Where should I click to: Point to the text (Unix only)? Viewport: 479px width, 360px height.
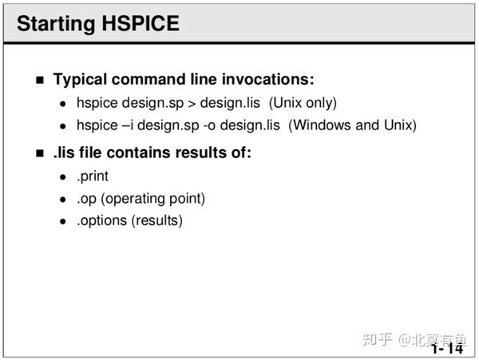pyautogui.click(x=303, y=103)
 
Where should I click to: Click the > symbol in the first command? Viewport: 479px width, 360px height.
pyautogui.click(x=192, y=103)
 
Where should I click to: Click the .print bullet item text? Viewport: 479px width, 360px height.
pyautogui.click(x=93, y=176)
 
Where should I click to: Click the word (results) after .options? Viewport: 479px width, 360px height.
pyautogui.click(x=160, y=220)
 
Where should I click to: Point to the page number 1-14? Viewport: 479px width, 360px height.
pyautogui.click(x=446, y=349)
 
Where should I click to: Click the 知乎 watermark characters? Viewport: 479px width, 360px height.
pyautogui.click(x=377, y=339)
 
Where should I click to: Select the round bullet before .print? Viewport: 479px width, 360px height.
pyautogui.click(x=63, y=176)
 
